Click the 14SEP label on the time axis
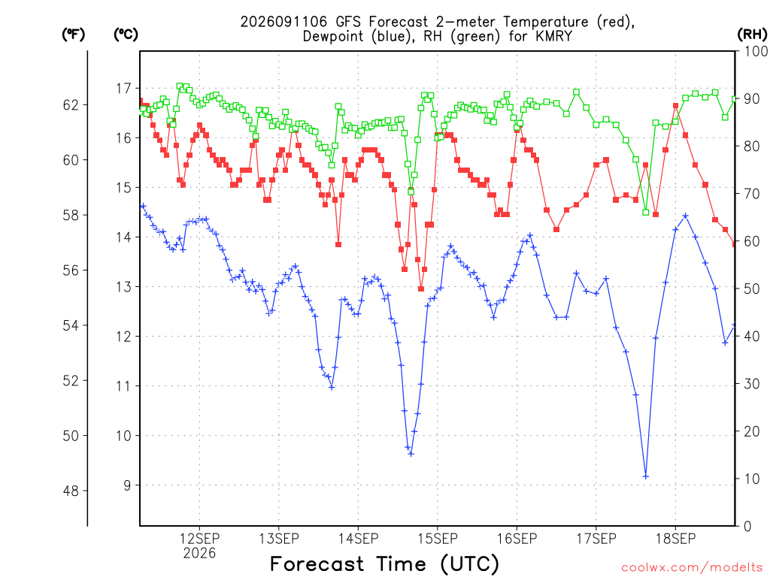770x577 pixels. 358,539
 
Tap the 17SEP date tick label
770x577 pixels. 596,539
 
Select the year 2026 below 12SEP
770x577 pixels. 199,554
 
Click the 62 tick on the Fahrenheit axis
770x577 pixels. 71,105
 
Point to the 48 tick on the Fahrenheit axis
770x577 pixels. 71,491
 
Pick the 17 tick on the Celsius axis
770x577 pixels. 124,89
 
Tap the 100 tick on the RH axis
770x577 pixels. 756,51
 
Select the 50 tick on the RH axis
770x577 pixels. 752,288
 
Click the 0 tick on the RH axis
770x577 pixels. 747,526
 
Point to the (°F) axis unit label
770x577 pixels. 73,35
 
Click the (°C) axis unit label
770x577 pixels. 126,35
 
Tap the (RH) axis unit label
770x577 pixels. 752,35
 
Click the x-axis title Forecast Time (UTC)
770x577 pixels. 384,564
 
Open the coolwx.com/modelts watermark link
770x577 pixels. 692,568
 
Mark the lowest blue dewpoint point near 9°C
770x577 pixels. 646,476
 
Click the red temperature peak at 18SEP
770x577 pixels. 676,105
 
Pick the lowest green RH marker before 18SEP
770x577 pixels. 646,213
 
